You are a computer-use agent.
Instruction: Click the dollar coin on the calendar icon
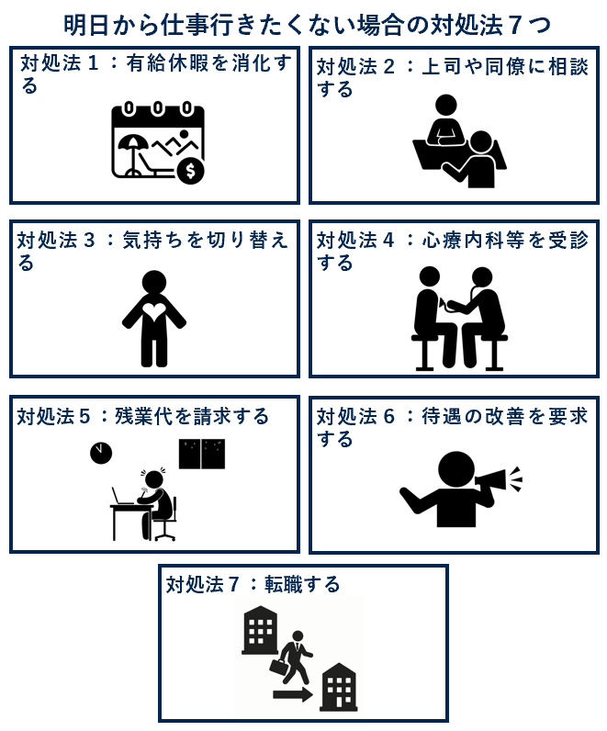(x=190, y=170)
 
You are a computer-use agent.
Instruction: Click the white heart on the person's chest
(x=154, y=310)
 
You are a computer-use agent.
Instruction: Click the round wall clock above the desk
(x=101, y=453)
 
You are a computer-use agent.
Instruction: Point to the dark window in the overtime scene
(x=202, y=454)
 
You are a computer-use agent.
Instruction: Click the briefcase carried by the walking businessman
(x=280, y=667)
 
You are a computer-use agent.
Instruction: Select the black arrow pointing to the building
(x=293, y=694)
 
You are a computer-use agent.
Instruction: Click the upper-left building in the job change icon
(x=260, y=630)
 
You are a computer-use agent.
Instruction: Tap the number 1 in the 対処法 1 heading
(x=94, y=63)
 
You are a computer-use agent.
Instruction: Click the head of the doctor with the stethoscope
(x=481, y=277)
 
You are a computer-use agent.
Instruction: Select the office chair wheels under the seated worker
(x=164, y=535)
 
